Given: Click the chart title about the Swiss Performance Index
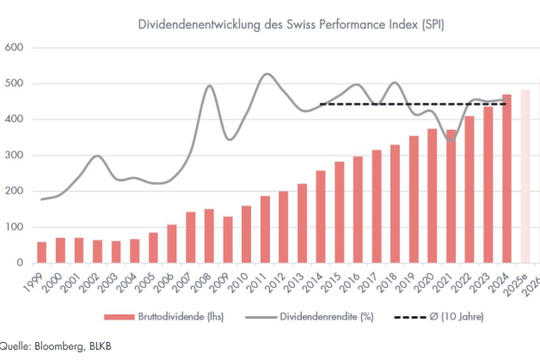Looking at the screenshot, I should point(291,25).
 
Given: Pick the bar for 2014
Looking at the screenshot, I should point(321,217).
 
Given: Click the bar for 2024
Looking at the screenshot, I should point(507,180).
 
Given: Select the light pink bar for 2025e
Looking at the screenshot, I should point(525,176).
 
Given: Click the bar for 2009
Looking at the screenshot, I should point(228,240).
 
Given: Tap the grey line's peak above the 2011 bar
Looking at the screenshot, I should point(266,74).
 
